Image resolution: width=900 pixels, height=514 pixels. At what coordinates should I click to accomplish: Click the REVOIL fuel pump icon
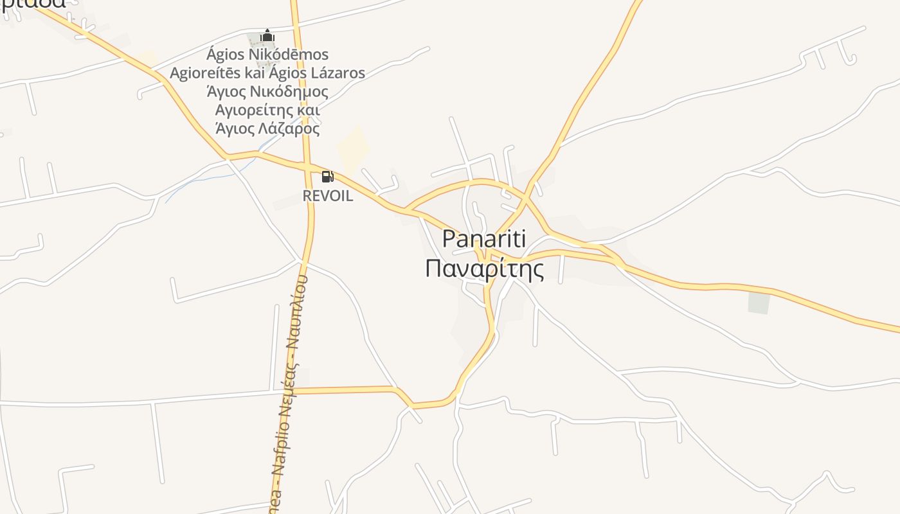[327, 177]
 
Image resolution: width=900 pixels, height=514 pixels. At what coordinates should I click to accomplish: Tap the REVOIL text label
[328, 196]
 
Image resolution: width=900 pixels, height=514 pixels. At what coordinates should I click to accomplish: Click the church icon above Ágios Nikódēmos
[267, 36]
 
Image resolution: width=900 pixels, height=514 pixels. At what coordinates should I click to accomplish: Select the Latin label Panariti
[484, 239]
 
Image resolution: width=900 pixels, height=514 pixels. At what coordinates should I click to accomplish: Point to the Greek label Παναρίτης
[484, 268]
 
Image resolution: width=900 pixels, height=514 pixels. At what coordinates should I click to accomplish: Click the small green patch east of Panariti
[759, 303]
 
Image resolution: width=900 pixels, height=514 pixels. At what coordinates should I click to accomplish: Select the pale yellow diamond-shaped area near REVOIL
[353, 148]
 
